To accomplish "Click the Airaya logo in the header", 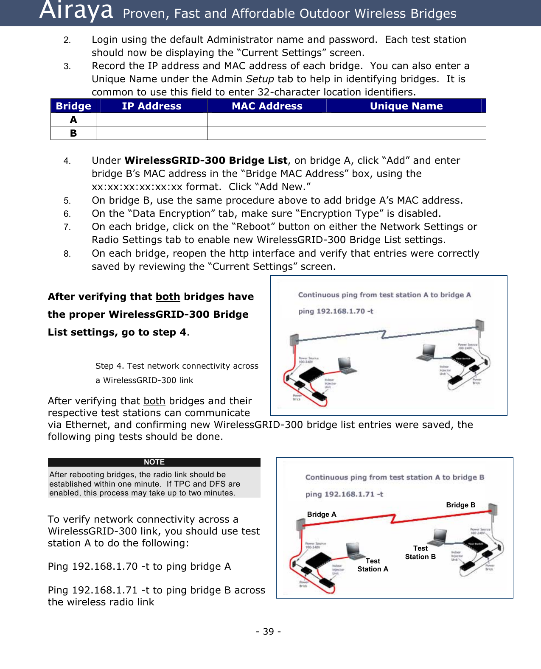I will [x=76, y=11].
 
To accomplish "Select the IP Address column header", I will [x=151, y=106].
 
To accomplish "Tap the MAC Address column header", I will [x=267, y=106].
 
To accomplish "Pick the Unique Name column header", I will [x=406, y=106].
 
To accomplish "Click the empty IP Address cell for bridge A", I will [x=151, y=120].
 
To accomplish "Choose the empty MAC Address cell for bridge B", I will [x=267, y=133].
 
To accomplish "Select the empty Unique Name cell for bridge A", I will [x=406, y=120].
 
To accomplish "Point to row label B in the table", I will [x=73, y=133].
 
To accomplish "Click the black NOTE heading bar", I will [x=154, y=462].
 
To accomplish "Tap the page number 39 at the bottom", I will [x=268, y=632].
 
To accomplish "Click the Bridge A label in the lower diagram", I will [x=322, y=514].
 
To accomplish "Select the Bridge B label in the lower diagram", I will [x=460, y=505].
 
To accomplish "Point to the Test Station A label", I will [x=373, y=565].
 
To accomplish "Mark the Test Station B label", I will [x=420, y=552].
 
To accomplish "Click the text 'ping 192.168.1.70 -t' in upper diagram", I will [x=336, y=311].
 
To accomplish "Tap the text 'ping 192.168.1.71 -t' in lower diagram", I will [x=344, y=494].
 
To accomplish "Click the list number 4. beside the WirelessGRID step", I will [x=67, y=161].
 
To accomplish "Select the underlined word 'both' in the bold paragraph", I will [x=168, y=297].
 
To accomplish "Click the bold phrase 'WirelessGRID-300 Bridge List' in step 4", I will [x=206, y=160].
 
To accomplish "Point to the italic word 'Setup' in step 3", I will [x=260, y=79].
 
